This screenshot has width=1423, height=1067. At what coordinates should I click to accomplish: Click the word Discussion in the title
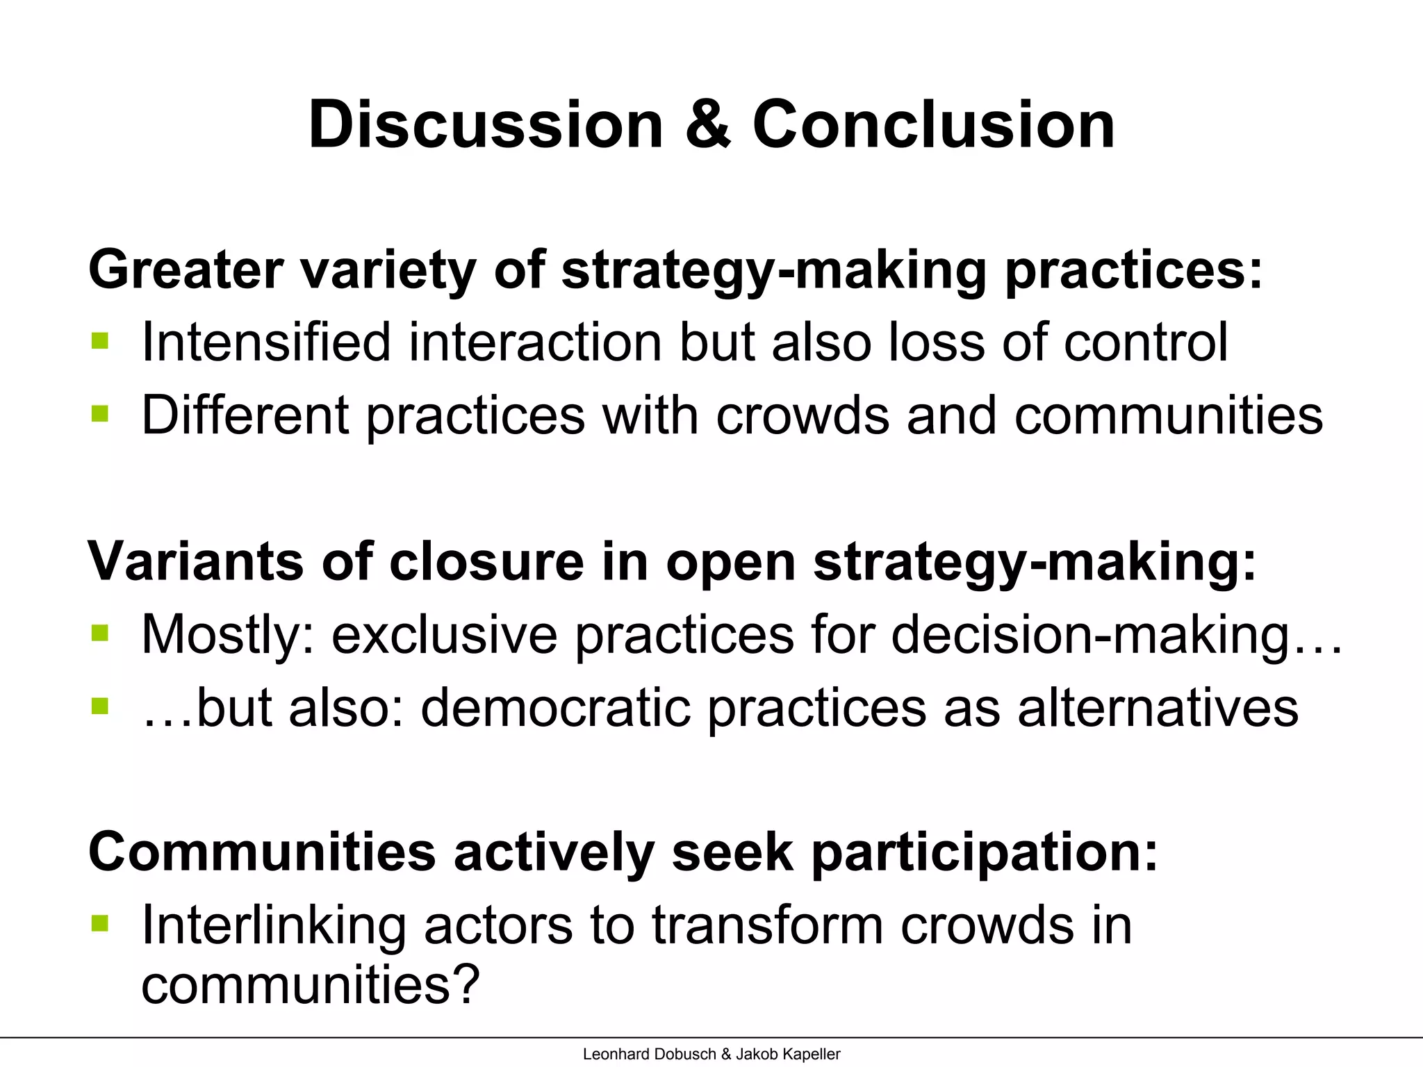(486, 125)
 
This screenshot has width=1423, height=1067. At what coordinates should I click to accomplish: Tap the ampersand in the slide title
(708, 125)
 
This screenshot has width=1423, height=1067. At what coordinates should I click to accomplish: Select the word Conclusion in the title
(933, 125)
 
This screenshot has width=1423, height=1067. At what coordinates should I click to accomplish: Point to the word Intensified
(266, 342)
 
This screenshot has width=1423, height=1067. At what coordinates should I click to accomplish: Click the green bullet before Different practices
(100, 414)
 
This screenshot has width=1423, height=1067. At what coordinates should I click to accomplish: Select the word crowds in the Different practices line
(803, 415)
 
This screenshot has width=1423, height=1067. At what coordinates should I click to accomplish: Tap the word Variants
(195, 561)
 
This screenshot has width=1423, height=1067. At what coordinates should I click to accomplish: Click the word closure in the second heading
(486, 561)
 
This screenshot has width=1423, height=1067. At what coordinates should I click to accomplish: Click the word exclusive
(444, 635)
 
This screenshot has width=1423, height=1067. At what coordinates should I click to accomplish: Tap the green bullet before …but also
(100, 706)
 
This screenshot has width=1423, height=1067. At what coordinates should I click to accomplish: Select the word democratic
(556, 708)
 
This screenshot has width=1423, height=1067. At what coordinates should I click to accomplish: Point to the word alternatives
(1158, 708)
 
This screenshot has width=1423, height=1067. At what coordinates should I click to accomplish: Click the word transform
(767, 926)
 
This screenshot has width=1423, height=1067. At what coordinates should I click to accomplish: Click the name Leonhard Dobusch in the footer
(649, 1054)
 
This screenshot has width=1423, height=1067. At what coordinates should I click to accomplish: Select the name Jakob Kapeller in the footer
(788, 1054)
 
